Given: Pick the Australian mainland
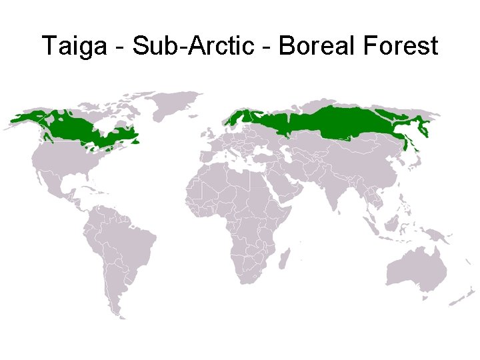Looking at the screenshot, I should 417,269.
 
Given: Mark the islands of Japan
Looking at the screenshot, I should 417,160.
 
